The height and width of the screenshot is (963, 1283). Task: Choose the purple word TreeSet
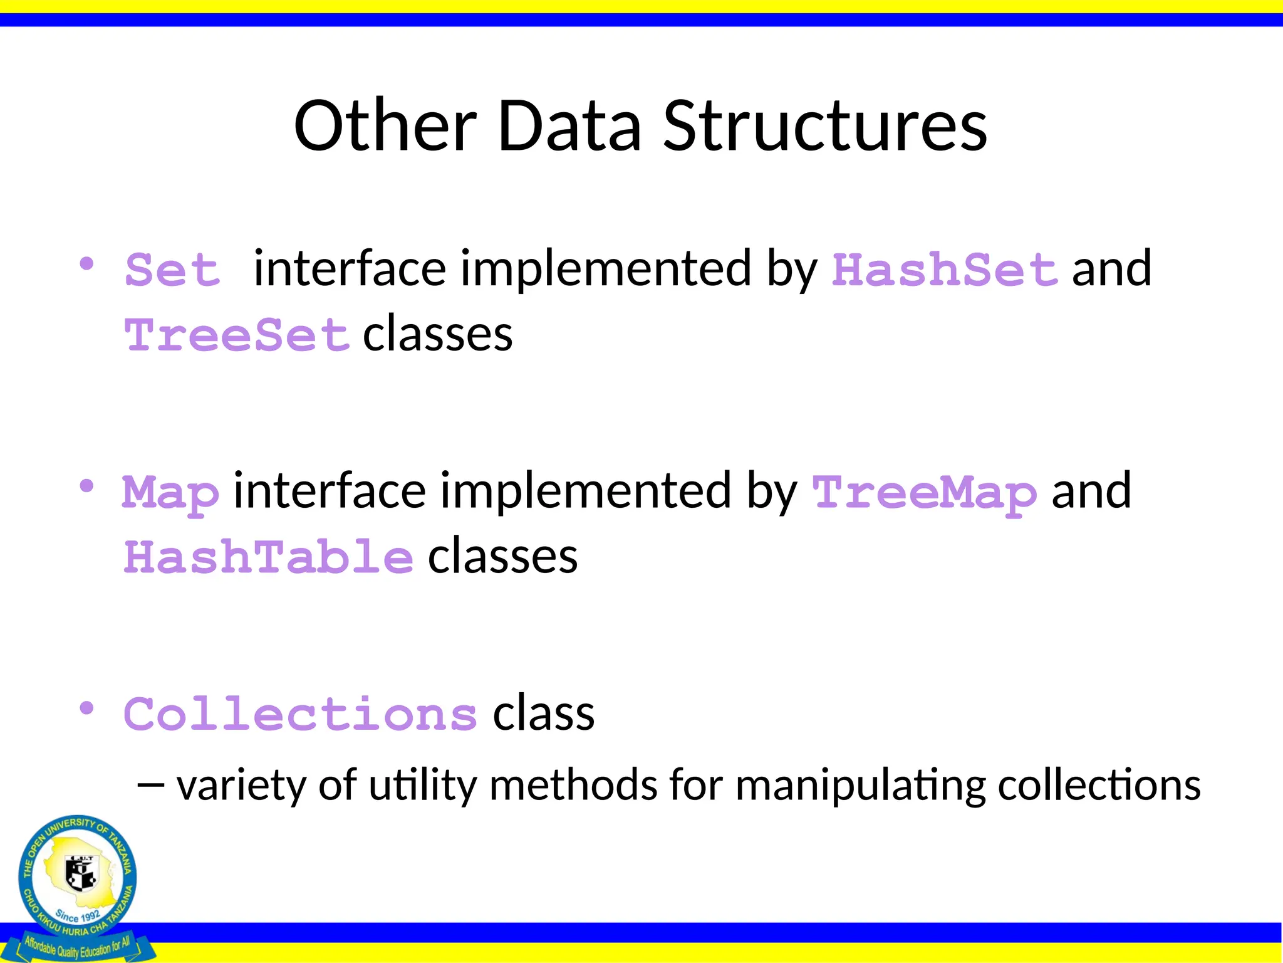pyautogui.click(x=237, y=336)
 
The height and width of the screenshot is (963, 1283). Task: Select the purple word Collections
pyautogui.click(x=301, y=715)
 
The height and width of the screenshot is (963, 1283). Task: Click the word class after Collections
pyautogui.click(x=544, y=715)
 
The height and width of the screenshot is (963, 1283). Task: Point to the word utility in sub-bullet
pyautogui.click(x=423, y=785)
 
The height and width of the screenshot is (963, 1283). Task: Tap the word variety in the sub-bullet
pyautogui.click(x=241, y=785)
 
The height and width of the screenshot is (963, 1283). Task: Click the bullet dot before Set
pyautogui.click(x=86, y=263)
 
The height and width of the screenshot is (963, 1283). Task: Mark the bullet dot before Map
pyautogui.click(x=86, y=486)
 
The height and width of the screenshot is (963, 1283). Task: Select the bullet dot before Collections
pyautogui.click(x=86, y=708)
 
